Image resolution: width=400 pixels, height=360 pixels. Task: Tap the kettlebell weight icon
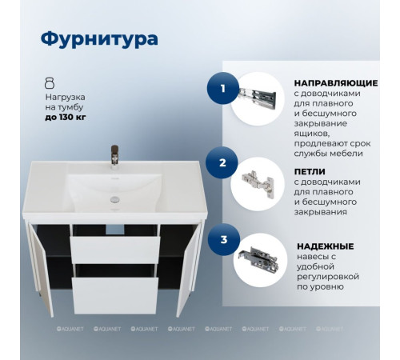tap(50, 83)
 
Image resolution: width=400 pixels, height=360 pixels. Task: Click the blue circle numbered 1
tap(224, 89)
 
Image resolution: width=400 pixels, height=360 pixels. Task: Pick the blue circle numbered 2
tap(224, 163)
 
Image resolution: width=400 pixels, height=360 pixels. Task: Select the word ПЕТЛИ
tap(310, 170)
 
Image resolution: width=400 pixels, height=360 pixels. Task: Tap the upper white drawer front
tap(114, 249)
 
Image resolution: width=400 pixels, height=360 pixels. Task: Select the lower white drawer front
tap(114, 294)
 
